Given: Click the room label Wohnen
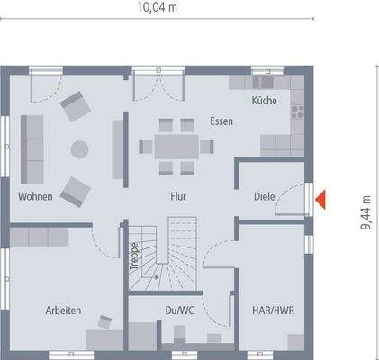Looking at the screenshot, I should [34, 195].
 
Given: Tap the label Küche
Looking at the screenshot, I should [264, 102].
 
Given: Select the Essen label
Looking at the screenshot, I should [221, 121].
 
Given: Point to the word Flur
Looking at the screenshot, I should [177, 195].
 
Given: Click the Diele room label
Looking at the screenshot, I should [264, 194].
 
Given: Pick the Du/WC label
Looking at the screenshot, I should [180, 310].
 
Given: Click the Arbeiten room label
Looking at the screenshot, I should [63, 310].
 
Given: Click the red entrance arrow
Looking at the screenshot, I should [320, 198].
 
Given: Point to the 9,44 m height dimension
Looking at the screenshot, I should [365, 214].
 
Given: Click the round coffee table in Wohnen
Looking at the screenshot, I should [81, 148].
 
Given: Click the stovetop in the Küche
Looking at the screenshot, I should [296, 112].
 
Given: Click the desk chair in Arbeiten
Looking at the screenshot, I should [105, 321].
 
